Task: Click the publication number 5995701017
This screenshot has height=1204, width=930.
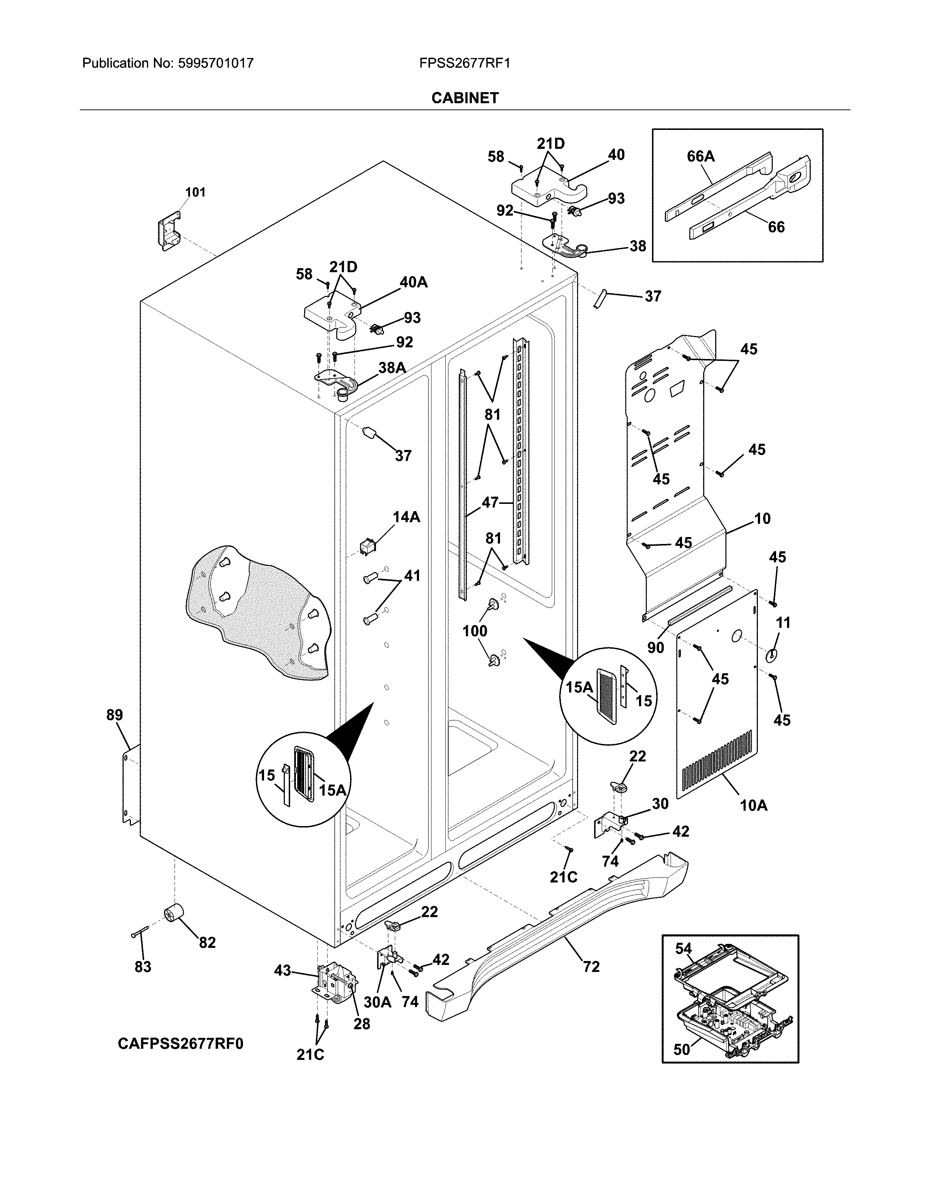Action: pos(216,63)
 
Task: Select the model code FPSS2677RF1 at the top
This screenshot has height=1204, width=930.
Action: pos(464,63)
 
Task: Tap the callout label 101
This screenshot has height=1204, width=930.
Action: pos(195,192)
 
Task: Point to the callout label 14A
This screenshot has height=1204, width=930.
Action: pos(406,517)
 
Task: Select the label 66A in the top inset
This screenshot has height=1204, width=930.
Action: pos(700,157)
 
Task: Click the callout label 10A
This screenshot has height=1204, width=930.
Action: pos(753,806)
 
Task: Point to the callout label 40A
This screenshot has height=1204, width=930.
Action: pos(413,282)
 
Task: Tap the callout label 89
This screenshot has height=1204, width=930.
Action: pos(115,715)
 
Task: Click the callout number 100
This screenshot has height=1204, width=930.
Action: pos(474,631)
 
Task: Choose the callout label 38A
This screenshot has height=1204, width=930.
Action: pos(392,368)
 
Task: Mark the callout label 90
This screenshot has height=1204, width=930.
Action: pos(655,647)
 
